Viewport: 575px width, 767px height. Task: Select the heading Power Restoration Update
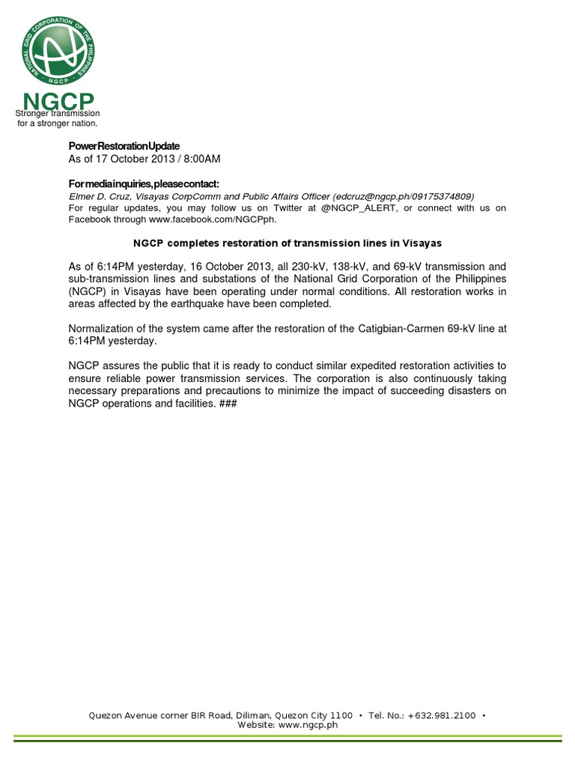(x=124, y=145)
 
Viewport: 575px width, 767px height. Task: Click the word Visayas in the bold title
(x=421, y=243)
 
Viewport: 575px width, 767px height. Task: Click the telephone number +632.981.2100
(x=442, y=716)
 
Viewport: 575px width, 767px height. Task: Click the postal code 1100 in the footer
(x=341, y=716)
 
